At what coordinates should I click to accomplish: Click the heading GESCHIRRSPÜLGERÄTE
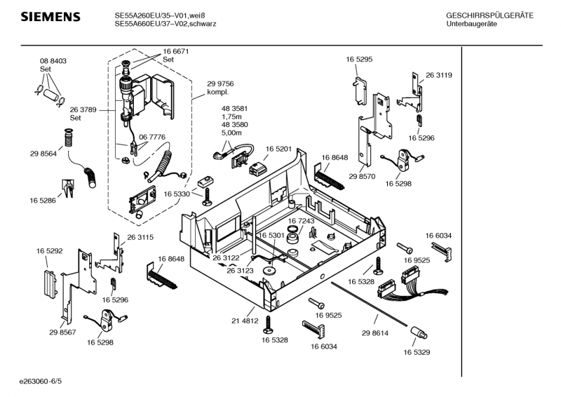489,15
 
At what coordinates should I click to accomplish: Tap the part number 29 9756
220,84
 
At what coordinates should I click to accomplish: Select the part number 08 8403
53,62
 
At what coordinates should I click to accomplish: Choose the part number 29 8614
375,333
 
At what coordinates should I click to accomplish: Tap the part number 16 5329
417,353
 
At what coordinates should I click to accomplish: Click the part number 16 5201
278,149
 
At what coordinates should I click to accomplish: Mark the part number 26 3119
438,75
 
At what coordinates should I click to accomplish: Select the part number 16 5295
358,60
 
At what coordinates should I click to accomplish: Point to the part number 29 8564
43,154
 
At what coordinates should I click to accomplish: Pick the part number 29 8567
63,332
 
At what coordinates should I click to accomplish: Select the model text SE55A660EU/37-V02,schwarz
165,24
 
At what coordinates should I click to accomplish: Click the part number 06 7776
151,137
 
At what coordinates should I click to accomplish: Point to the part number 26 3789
83,109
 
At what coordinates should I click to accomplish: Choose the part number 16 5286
43,201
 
